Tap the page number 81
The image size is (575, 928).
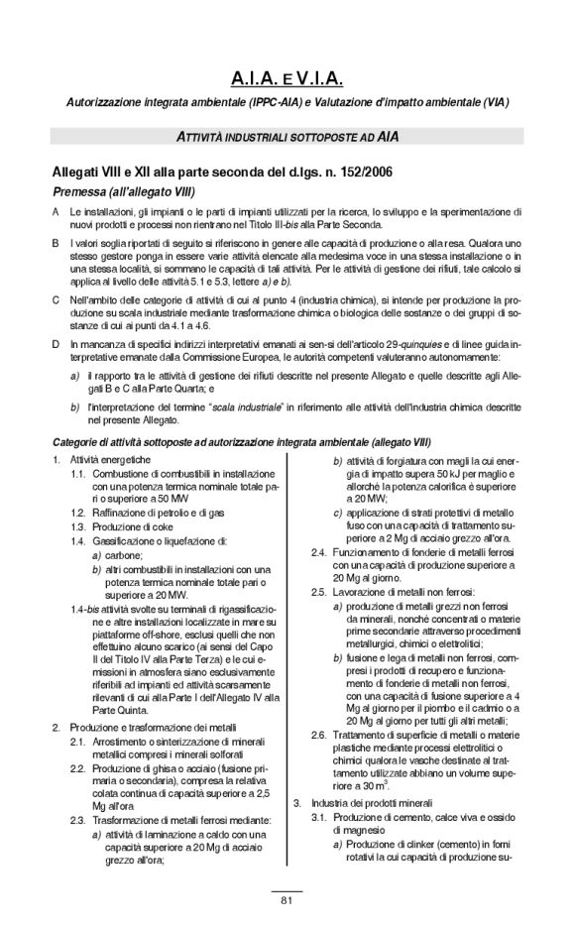coord(287,900)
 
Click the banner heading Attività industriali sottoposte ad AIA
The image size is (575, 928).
coord(287,134)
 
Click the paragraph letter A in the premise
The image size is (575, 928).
coord(55,212)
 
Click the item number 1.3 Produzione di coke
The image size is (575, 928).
coord(77,525)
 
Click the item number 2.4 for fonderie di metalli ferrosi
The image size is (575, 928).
coord(319,551)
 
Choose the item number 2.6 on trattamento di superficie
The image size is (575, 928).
coord(319,734)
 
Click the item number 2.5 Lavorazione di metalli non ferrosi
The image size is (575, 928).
coord(319,590)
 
